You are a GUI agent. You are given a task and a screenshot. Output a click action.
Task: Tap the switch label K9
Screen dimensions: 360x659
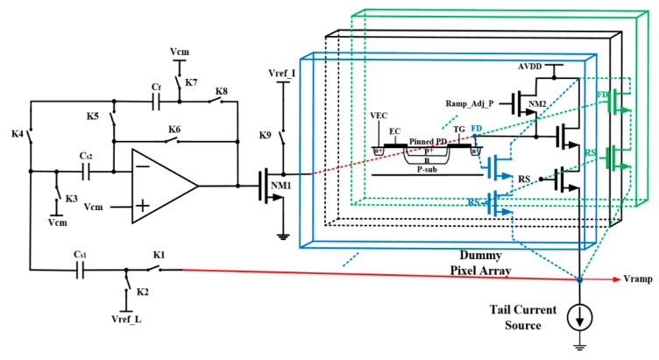(264, 137)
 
